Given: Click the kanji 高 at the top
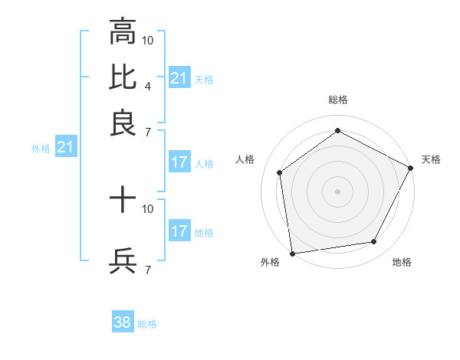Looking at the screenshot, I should point(123,31).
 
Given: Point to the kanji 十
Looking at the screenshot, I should point(123,201).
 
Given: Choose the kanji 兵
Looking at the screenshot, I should point(123,261).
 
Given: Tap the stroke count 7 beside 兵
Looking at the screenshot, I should point(147,270).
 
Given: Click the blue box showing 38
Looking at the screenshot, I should point(123,322).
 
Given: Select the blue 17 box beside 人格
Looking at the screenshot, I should point(179,162).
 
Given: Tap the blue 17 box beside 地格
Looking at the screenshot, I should point(179,231).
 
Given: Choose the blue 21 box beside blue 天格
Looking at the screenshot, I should point(179,77).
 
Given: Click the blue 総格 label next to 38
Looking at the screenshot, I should point(148,324).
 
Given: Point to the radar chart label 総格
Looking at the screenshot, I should point(337,100).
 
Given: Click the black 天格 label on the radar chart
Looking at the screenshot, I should point(431,159).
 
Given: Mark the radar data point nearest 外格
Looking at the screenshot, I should point(292,253).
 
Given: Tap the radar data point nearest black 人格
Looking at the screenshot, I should point(280,172).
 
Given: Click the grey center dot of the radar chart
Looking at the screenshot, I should point(337,191).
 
